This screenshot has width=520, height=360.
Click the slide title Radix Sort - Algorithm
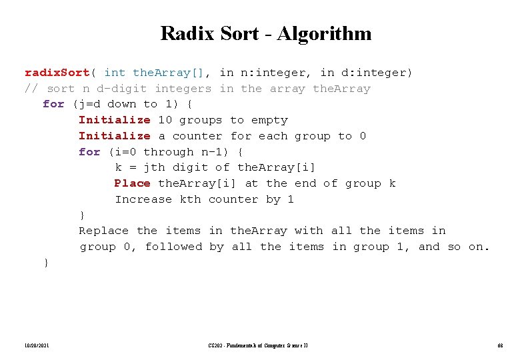point(266,33)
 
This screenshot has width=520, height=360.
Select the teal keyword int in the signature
point(115,73)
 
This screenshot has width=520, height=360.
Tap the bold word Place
point(132,183)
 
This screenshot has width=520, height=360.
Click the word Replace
point(104,231)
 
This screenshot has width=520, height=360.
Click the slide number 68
point(500,345)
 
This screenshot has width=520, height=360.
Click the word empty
point(269,120)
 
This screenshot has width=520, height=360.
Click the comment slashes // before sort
point(31,89)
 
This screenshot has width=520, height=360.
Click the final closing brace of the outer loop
point(46,263)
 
